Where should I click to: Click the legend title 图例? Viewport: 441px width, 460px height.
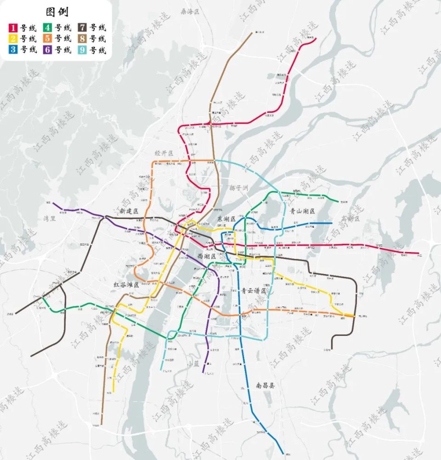(x=57, y=11)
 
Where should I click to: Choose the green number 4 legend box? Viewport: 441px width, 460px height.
(x=48, y=28)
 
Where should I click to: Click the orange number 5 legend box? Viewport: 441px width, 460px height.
(x=48, y=39)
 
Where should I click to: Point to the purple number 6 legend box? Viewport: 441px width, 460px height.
(x=48, y=50)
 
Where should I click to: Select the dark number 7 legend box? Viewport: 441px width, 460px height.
(x=83, y=28)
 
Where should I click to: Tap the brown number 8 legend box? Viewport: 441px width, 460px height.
(x=83, y=39)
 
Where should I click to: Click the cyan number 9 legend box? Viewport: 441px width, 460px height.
(x=83, y=50)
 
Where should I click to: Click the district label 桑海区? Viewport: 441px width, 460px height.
(x=191, y=11)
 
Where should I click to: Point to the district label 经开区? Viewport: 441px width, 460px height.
(x=164, y=152)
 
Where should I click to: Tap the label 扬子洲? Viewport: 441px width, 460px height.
(x=239, y=188)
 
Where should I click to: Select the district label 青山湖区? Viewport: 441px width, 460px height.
(x=303, y=211)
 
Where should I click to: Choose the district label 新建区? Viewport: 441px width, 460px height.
(x=129, y=211)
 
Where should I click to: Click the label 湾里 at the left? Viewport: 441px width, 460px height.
(x=50, y=218)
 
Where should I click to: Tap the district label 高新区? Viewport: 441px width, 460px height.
(x=353, y=218)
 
